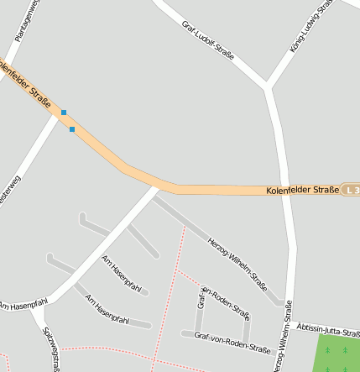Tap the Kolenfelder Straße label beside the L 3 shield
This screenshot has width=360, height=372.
click(302, 190)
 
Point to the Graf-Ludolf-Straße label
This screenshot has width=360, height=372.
click(208, 39)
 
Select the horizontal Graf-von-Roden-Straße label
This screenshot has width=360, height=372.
click(232, 343)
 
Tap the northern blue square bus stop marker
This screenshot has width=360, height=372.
click(63, 112)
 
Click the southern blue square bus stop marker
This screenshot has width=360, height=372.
click(72, 129)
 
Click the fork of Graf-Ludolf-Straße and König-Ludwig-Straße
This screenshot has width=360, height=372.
click(268, 85)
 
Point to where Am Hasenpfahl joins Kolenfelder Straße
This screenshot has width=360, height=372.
click(157, 188)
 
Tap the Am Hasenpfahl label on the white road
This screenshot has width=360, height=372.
click(23, 303)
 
